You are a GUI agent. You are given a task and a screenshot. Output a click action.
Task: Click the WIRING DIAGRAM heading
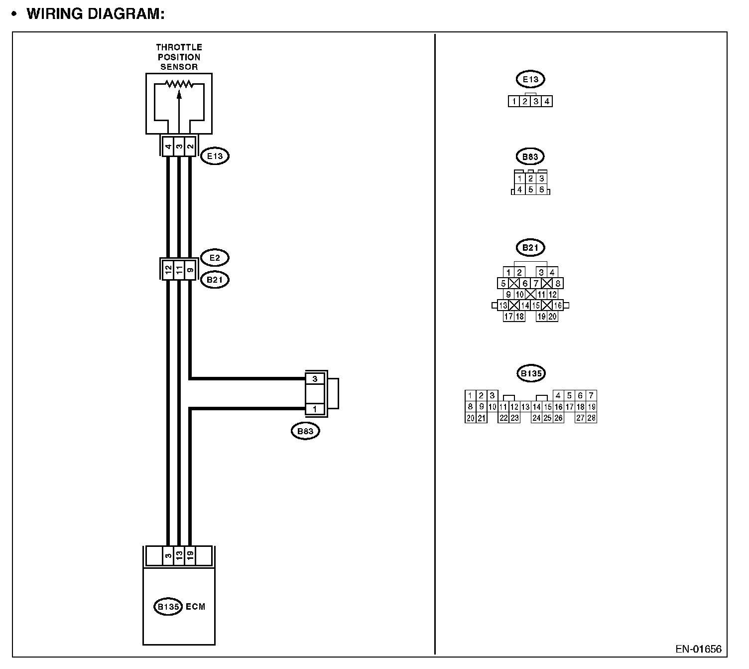(95, 13)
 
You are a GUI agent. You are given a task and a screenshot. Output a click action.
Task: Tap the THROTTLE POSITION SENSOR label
(179, 57)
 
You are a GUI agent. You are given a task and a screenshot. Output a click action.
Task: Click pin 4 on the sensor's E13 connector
(168, 146)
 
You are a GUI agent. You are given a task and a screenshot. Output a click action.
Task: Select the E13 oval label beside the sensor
(215, 156)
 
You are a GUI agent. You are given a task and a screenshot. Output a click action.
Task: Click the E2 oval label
(215, 258)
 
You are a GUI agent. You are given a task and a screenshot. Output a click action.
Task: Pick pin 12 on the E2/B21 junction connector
(168, 270)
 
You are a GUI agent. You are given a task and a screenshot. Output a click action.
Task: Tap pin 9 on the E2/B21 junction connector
(190, 270)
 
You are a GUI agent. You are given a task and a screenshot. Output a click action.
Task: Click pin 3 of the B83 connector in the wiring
(315, 379)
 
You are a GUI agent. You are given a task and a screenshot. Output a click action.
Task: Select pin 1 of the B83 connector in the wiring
(315, 409)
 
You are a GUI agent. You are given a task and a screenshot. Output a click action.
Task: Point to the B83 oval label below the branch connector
(305, 431)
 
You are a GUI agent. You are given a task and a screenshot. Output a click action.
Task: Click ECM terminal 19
(190, 555)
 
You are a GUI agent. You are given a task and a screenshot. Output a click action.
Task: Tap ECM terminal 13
(179, 555)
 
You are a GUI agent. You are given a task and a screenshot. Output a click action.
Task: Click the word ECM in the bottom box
(195, 607)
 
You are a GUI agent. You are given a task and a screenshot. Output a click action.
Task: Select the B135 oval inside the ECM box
(168, 607)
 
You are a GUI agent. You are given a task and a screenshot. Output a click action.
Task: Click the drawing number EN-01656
(698, 649)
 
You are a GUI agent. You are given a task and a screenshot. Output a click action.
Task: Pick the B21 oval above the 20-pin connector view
(530, 247)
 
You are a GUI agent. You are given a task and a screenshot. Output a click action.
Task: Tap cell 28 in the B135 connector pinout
(591, 418)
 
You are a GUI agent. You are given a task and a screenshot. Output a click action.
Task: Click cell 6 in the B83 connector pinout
(541, 189)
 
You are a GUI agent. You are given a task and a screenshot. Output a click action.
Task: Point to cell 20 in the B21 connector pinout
(552, 316)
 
